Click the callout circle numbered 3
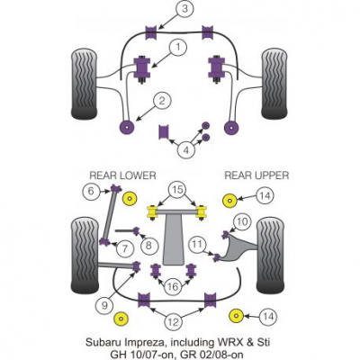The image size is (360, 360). coord(184,9)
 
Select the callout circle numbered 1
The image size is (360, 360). coord(178,48)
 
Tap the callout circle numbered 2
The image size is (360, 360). coord(162,101)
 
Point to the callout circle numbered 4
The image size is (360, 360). coord(186,149)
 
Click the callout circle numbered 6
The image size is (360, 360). coord(91,191)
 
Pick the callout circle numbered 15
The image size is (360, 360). coord(177,189)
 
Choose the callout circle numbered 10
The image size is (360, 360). coord(242,221)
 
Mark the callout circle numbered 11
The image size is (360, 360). coord(197,244)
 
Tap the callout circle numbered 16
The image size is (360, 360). coord(173,287)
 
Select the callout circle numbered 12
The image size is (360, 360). coord(173,322)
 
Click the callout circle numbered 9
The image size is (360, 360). coord(104,306)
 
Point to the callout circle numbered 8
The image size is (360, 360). coord(148,246)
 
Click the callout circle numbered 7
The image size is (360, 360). coord(125,248)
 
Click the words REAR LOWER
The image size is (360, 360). coord(123,175)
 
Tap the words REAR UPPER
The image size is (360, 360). coord(256,175)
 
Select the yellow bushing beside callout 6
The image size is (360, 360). coord(130,198)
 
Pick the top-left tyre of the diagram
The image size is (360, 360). coord(85,85)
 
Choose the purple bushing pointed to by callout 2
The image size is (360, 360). coord(127,127)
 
